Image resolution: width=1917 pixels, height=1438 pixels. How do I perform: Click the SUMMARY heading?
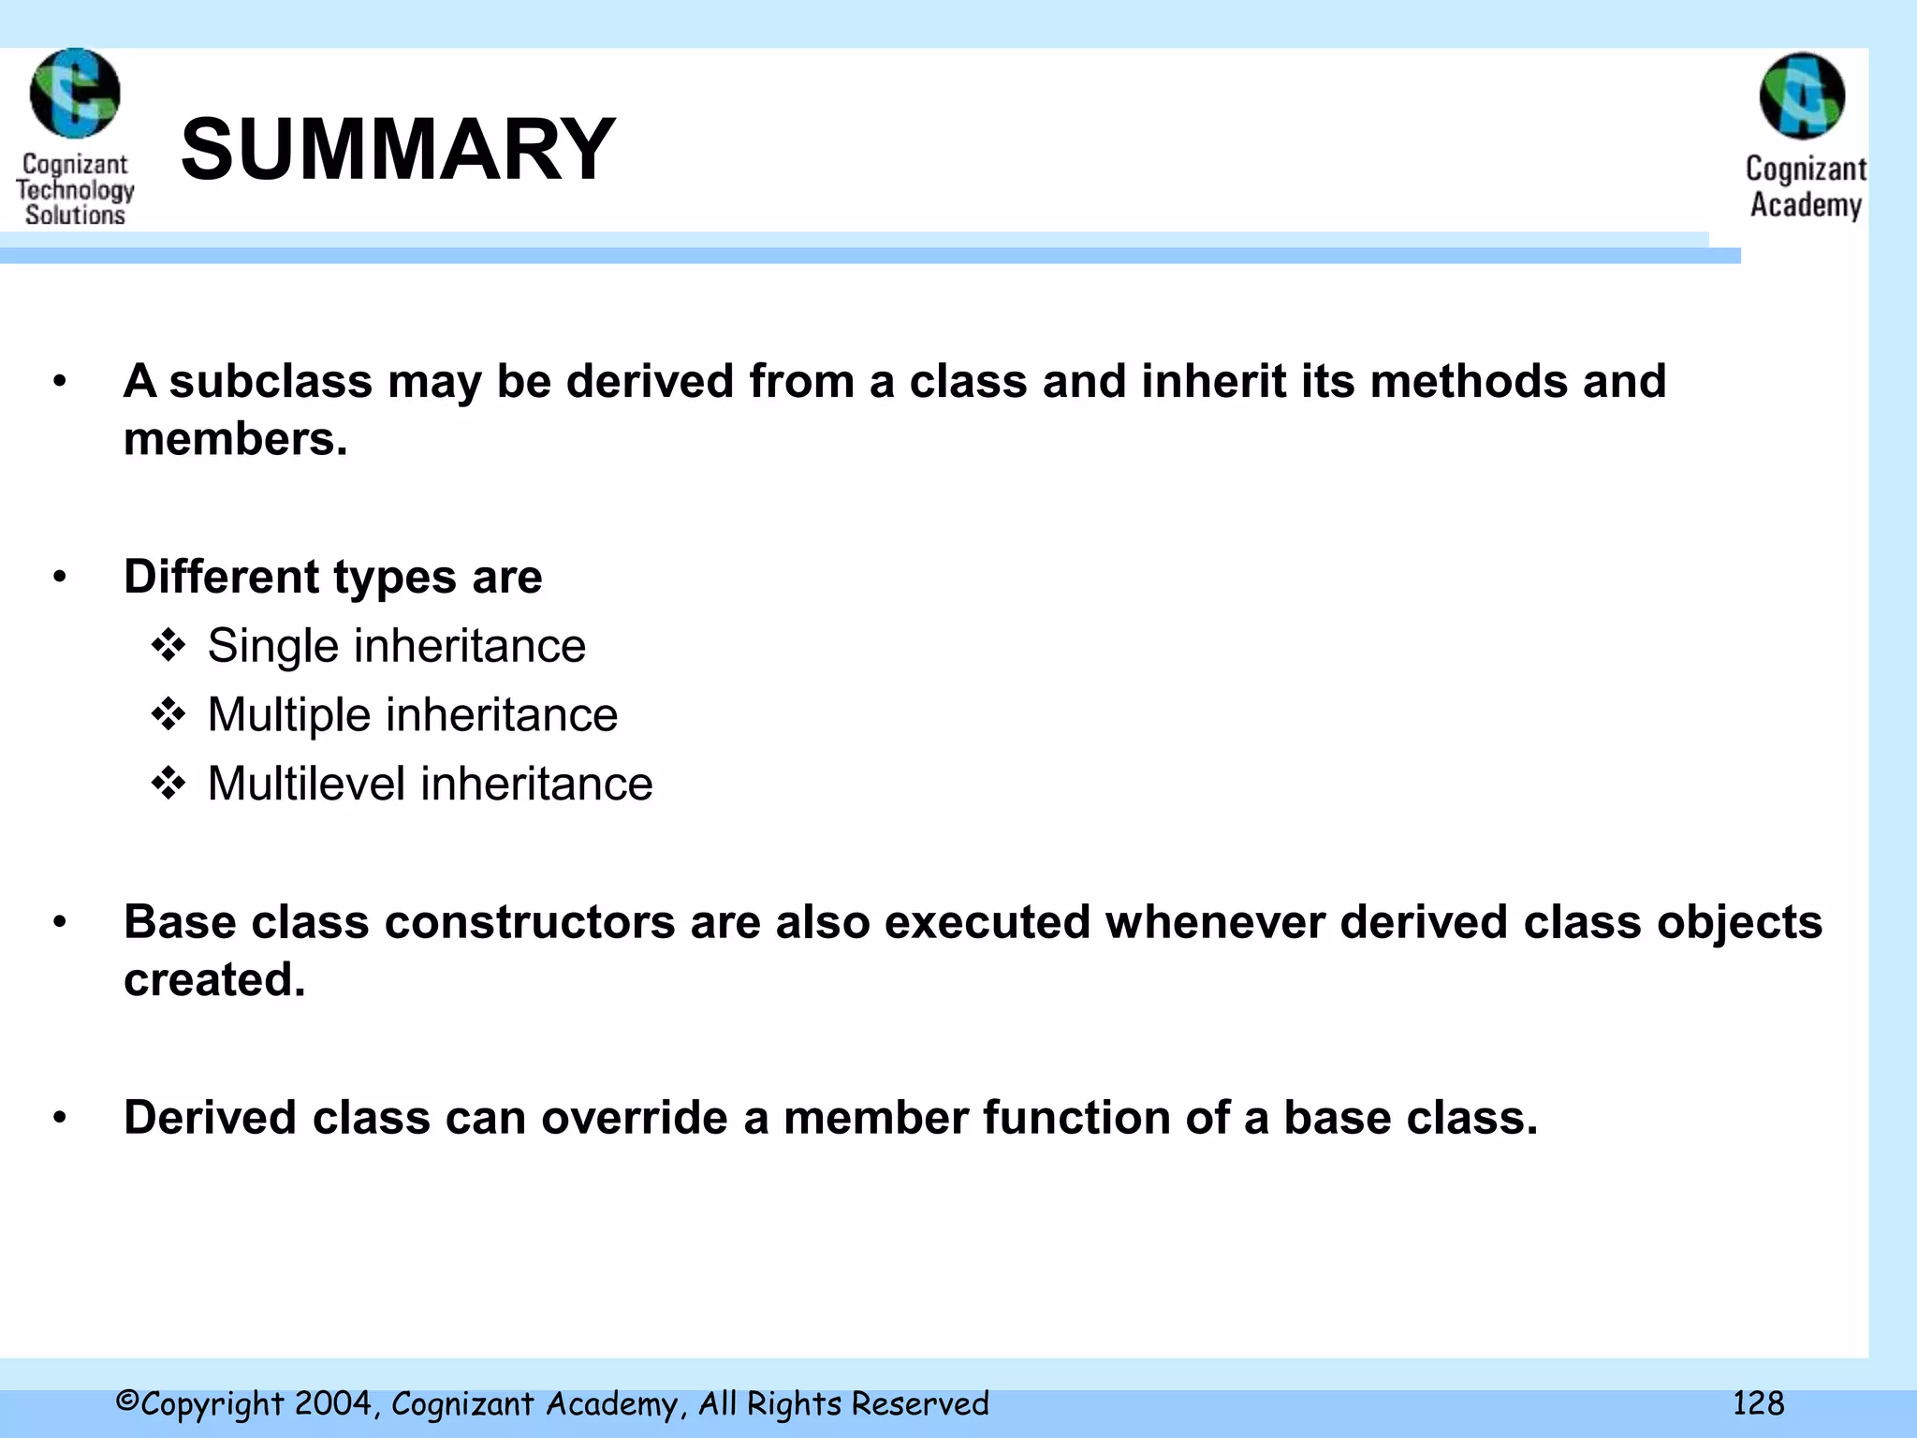tap(398, 150)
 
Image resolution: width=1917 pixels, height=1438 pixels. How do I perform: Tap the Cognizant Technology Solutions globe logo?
tap(75, 94)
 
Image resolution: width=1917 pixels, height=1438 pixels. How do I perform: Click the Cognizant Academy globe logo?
tap(1802, 95)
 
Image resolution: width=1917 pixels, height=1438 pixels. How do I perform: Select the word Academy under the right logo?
tap(1806, 205)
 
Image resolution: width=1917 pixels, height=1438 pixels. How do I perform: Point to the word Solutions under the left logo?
tap(75, 215)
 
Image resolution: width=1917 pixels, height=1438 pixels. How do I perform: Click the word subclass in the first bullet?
tap(271, 382)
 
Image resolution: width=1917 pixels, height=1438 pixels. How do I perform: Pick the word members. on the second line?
tap(235, 439)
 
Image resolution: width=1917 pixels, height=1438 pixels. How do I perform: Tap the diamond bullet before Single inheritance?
tap(168, 646)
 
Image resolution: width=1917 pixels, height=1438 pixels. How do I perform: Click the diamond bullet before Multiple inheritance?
tap(168, 715)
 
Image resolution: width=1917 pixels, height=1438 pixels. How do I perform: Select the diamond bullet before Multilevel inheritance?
tap(168, 784)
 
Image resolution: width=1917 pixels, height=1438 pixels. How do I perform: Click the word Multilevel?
tap(306, 784)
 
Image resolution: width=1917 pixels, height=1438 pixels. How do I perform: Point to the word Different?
tap(222, 577)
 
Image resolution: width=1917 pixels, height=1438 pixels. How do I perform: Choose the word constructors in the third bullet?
tap(530, 922)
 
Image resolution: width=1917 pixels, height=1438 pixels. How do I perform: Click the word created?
tap(214, 980)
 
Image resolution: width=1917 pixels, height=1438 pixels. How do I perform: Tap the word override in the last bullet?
tap(634, 1118)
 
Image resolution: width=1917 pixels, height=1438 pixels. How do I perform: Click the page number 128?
tap(1758, 1403)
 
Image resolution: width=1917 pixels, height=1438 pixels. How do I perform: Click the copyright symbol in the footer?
tap(127, 1401)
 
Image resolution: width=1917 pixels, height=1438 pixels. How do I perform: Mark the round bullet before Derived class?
tap(60, 1118)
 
